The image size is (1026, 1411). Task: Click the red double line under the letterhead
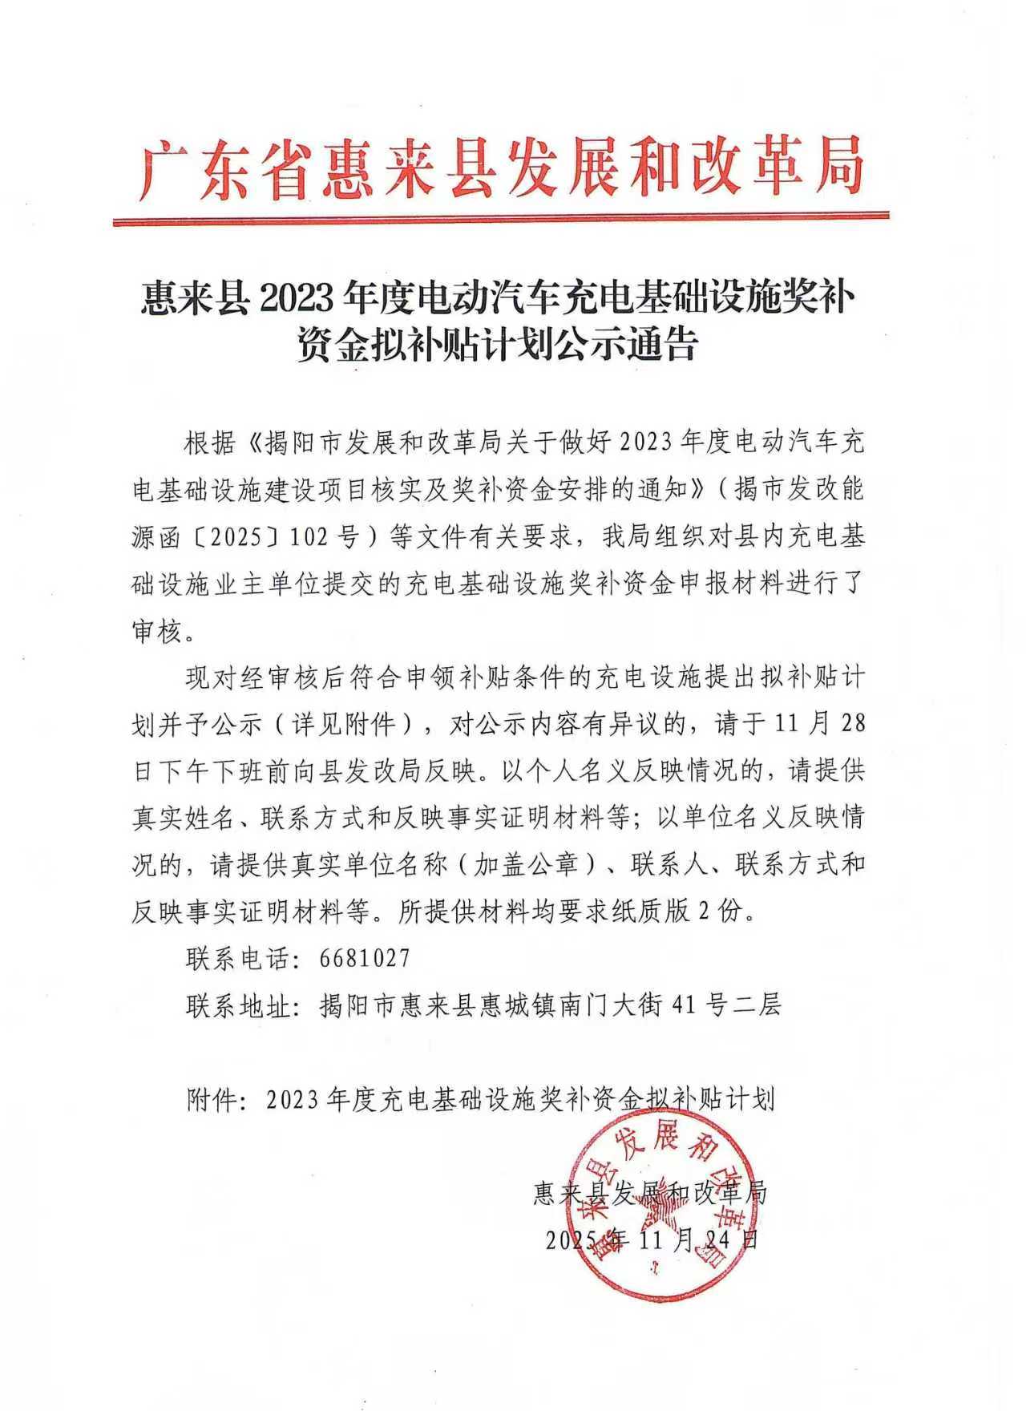(501, 218)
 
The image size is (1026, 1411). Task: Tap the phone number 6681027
(365, 958)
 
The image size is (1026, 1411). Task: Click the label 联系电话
(239, 958)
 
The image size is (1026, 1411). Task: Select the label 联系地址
(239, 1005)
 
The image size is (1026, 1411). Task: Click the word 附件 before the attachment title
(212, 1098)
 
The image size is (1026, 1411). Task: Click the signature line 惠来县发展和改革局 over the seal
(650, 1193)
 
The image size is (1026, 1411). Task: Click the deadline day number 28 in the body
(851, 723)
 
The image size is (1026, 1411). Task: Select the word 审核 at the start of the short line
(159, 631)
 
